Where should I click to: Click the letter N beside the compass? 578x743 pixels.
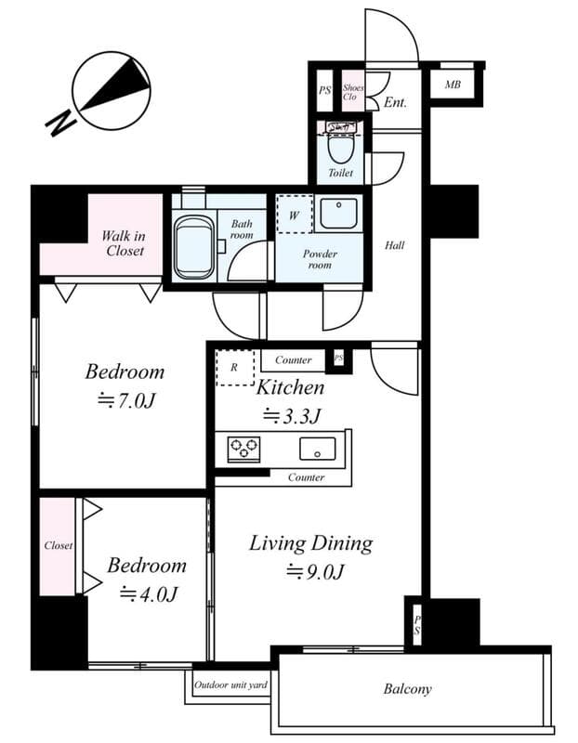[x=60, y=121]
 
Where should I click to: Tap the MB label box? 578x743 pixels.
[x=453, y=85]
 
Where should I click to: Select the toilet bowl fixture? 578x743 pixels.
[x=340, y=149]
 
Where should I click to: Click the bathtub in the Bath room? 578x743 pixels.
[x=194, y=246]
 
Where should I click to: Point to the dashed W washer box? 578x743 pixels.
[x=295, y=214]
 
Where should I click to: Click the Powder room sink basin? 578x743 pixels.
[x=337, y=215]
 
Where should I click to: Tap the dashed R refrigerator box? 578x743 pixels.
[x=234, y=368]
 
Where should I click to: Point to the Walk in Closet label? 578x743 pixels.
[x=124, y=243]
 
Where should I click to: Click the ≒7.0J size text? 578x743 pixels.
[x=125, y=400]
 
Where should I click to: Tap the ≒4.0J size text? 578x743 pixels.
[x=147, y=594]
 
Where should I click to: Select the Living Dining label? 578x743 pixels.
[x=310, y=543]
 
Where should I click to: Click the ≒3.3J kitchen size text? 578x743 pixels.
[x=292, y=415]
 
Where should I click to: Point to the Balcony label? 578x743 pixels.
[x=407, y=689]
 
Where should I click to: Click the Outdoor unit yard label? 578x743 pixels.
[x=230, y=685]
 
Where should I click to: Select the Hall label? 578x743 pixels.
[x=395, y=246]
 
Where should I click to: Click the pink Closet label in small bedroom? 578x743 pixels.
[x=58, y=546]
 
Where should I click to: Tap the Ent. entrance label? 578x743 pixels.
[x=395, y=102]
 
